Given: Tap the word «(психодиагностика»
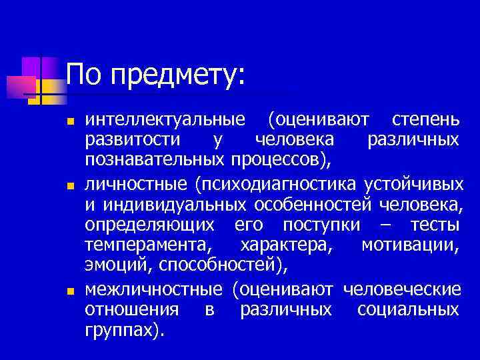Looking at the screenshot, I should point(277,183).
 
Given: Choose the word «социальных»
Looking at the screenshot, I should point(408,309).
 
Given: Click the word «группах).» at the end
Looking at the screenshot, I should point(124,330).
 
